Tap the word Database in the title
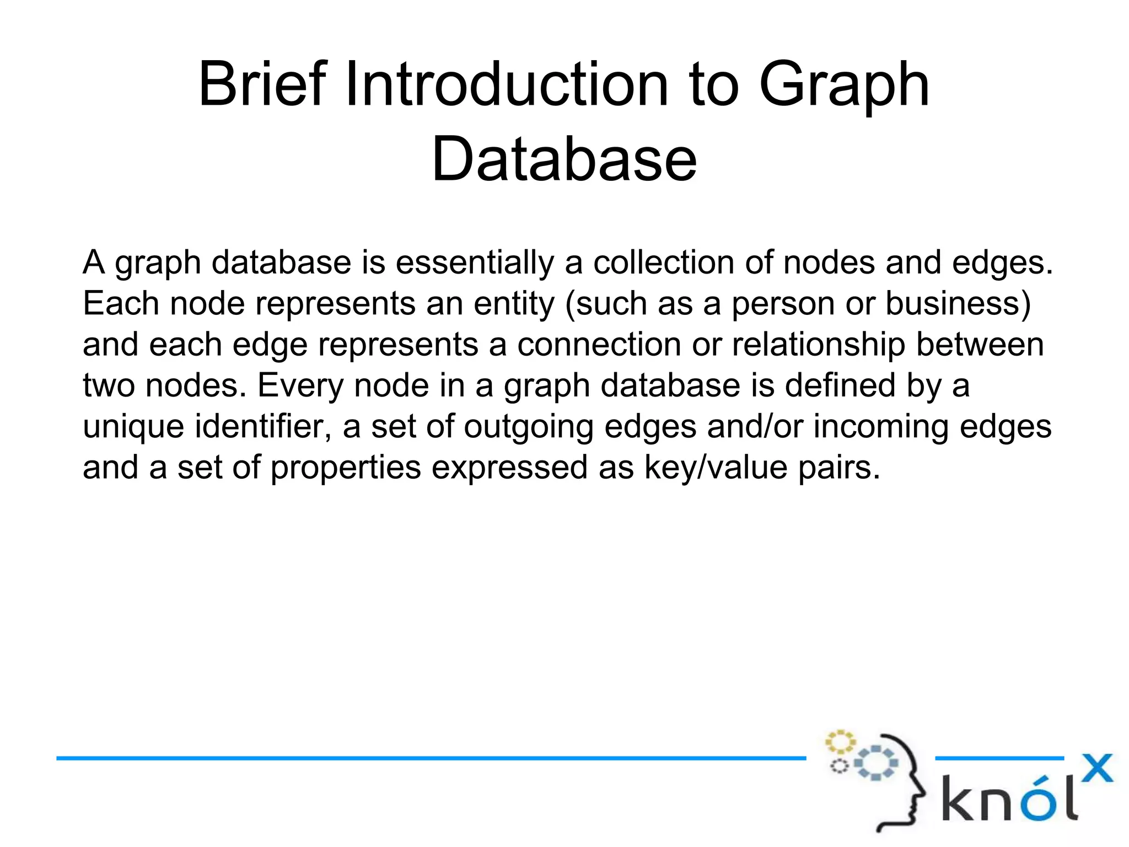[564, 160]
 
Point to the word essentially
[475, 262]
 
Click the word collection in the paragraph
[664, 262]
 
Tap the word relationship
[819, 345]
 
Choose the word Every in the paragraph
[300, 385]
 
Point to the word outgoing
[528, 427]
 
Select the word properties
[346, 468]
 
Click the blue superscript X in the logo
[1096, 768]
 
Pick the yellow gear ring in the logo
[840, 742]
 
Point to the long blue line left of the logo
[430, 758]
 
